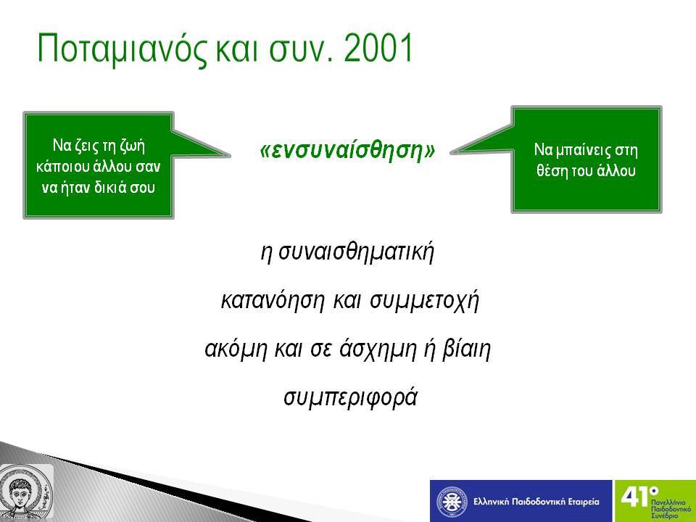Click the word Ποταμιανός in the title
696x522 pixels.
pyautogui.click(x=122, y=48)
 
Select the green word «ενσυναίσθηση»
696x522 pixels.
pyautogui.click(x=347, y=150)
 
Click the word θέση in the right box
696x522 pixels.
pyautogui.click(x=549, y=170)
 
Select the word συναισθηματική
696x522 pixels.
pyautogui.click(x=356, y=252)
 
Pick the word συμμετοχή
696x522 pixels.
pyautogui.click(x=425, y=300)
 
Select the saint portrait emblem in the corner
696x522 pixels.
pyautogui.click(x=26, y=492)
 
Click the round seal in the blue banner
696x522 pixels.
pyautogui.click(x=452, y=502)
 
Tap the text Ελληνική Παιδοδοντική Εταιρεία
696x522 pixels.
pyautogui.click(x=536, y=502)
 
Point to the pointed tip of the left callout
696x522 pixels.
pyautogui.click(x=230, y=155)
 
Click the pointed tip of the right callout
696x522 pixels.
pyautogui.click(x=450, y=153)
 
